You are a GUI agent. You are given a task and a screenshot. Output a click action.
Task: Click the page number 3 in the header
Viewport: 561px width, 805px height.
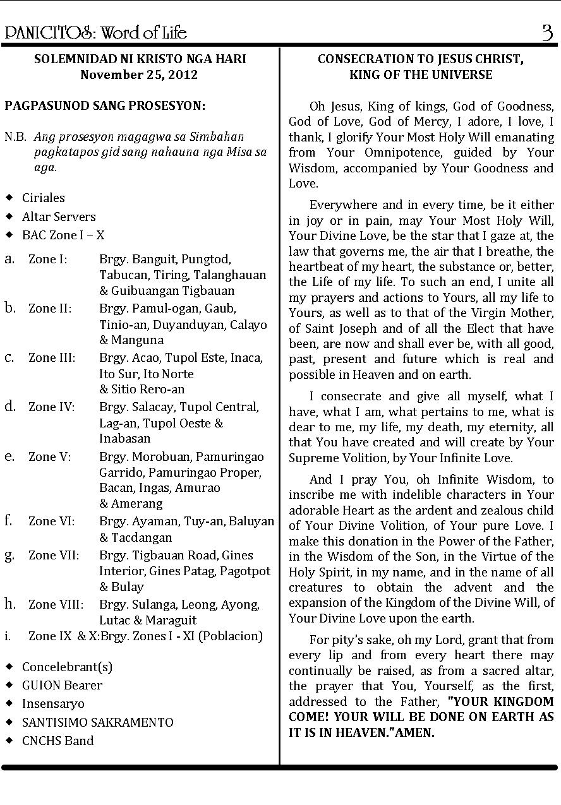pos(546,32)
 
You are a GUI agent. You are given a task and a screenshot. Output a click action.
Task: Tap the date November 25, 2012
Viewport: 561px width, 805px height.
pos(139,75)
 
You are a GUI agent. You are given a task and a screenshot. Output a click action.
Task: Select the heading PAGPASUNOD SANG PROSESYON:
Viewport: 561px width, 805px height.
pos(105,105)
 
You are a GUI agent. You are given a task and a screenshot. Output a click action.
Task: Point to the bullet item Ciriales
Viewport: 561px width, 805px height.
pos(43,198)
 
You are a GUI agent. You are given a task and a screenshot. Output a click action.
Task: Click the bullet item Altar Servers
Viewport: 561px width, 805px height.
pos(59,217)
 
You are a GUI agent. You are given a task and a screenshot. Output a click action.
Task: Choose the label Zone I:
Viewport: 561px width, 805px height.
pos(48,259)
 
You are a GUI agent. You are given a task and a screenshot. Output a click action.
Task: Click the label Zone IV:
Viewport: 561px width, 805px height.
pos(51,407)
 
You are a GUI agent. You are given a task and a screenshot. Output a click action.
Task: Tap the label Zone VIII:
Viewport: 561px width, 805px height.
pos(56,604)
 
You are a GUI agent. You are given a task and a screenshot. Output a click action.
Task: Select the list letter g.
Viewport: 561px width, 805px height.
pos(9,555)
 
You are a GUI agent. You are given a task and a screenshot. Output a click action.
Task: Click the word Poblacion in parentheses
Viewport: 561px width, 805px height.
pos(230,636)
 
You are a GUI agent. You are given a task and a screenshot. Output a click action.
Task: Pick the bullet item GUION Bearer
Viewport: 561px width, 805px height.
pos(62,685)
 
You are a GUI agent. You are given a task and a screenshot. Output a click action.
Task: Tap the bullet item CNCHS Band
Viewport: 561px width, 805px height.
pos(57,741)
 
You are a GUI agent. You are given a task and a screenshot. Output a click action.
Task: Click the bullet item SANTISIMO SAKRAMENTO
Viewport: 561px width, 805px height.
pos(97,722)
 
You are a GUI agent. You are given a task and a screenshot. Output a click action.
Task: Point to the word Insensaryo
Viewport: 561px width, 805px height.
pos(53,703)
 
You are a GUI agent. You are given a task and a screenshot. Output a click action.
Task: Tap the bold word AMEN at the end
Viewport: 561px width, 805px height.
pos(414,733)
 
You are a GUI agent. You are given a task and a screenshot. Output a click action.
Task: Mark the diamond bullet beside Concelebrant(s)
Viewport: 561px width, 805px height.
pos(9,667)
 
